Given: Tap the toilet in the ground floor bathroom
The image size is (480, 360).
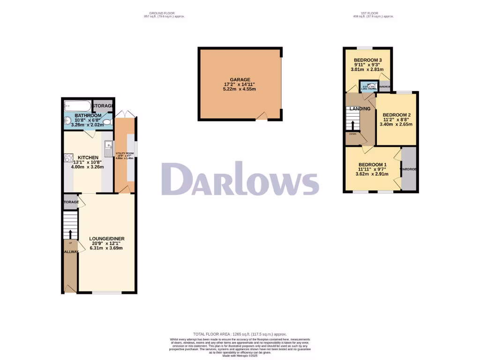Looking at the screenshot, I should tap(107, 123).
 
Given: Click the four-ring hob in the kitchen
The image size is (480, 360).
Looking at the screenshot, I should tap(68, 158).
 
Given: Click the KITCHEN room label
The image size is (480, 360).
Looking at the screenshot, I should tap(88, 157).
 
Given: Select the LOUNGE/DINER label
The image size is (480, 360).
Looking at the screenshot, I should tap(107, 239).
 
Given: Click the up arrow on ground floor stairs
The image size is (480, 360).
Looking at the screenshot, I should tap(70, 233).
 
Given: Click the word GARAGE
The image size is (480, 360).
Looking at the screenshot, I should tap(240, 80).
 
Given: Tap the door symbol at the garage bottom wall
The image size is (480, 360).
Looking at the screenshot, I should tap(263, 116).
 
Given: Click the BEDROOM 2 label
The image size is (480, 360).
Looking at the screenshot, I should tap(397, 115).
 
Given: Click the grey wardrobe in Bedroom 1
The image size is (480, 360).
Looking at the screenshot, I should tap(409, 169).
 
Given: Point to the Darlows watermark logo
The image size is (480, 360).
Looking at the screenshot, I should tap(240, 179).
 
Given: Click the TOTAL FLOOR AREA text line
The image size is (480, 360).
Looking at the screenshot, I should tap(240, 334).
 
